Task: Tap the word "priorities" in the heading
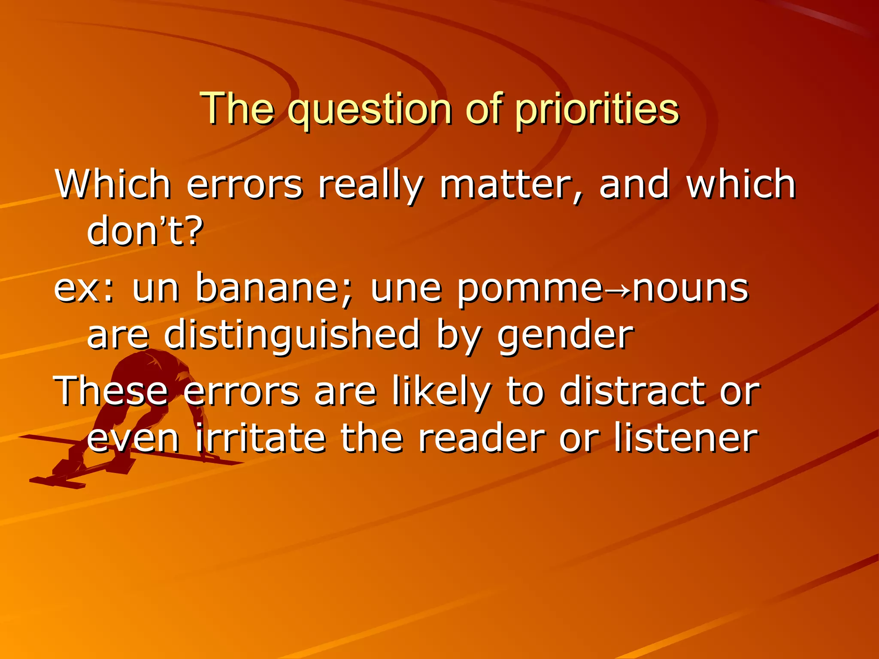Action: tap(597, 109)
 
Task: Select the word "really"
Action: tap(370, 185)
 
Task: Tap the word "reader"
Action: tap(481, 438)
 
